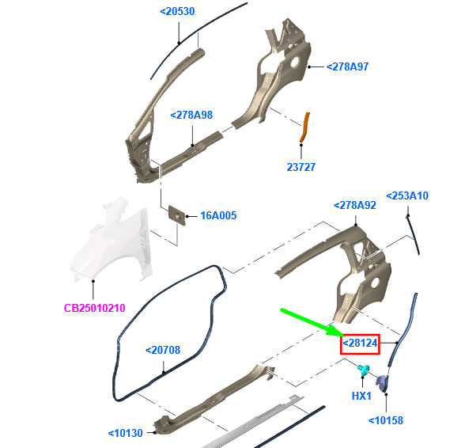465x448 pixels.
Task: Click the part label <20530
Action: coord(177,12)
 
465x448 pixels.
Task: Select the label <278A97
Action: coord(347,66)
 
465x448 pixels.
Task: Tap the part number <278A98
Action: coord(191,115)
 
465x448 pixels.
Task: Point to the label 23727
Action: coord(301,167)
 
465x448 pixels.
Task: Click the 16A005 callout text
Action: coord(218,215)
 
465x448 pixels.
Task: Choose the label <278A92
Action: coord(354,205)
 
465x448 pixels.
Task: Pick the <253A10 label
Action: coord(406,196)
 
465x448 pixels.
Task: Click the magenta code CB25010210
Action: coord(95,308)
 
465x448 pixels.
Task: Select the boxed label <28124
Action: coord(360,344)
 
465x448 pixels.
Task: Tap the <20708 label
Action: coord(163,350)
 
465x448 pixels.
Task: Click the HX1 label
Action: coord(361,396)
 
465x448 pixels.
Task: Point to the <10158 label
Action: coord(386,420)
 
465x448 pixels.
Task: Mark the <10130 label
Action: coord(126,433)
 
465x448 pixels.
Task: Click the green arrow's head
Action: coord(337,331)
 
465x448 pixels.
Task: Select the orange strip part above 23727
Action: coord(305,127)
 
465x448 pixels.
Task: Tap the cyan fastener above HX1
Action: coord(364,370)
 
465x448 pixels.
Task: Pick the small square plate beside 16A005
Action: coord(177,215)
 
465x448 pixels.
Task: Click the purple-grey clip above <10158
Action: coord(382,384)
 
